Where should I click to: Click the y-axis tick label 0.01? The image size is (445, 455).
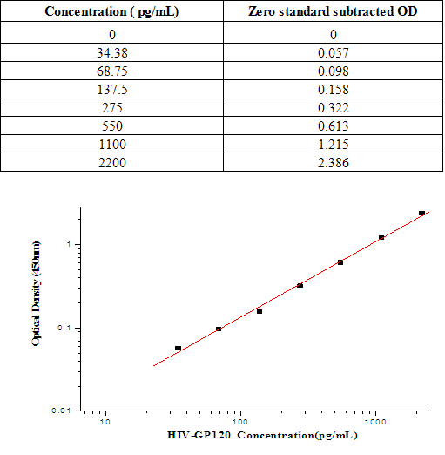pyautogui.click(x=61, y=410)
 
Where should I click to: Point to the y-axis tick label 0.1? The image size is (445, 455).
pyautogui.click(x=64, y=329)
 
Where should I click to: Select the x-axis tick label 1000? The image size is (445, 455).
pyautogui.click(x=375, y=421)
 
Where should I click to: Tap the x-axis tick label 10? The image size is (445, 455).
pyautogui.click(x=105, y=421)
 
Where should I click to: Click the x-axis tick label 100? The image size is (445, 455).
pyautogui.click(x=240, y=421)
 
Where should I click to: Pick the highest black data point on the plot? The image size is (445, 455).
pyautogui.click(x=421, y=213)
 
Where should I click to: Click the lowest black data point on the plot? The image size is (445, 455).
pyautogui.click(x=178, y=348)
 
